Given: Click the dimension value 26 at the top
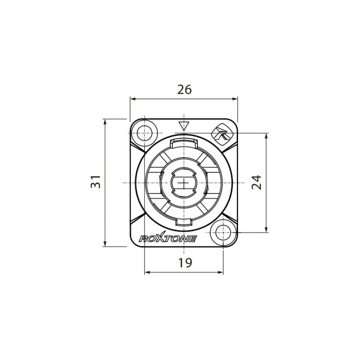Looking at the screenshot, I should point(184,90).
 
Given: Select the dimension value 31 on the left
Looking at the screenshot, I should point(95,182).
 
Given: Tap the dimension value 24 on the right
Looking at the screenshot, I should point(256,182).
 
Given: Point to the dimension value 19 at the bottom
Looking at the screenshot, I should point(184,263).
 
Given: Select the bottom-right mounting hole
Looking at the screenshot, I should point(222,233).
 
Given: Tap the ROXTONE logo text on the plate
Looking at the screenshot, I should point(167,238).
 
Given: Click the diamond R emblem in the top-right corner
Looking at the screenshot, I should point(221,133).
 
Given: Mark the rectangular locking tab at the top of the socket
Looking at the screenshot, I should point(184,143).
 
